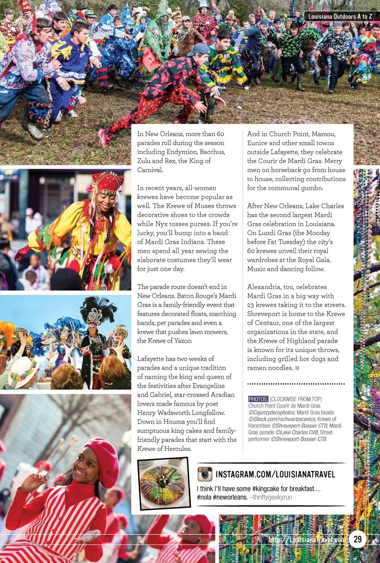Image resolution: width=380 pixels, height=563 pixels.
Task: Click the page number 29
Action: tap(358, 539)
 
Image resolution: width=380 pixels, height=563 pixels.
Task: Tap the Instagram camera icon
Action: tap(204, 474)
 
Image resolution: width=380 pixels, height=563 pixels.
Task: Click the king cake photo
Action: tap(164, 483)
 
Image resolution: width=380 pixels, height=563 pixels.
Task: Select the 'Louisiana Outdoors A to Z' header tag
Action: tap(340, 16)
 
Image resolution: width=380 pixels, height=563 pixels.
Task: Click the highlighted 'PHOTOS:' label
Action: tap(258, 399)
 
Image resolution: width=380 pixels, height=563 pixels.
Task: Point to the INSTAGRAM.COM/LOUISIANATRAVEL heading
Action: tap(275, 474)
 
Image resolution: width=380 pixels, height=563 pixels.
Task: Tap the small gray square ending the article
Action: tap(297, 368)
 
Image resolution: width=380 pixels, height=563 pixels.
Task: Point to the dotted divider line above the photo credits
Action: tap(296, 384)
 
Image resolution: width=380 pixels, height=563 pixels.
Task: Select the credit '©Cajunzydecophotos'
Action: tap(272, 412)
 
